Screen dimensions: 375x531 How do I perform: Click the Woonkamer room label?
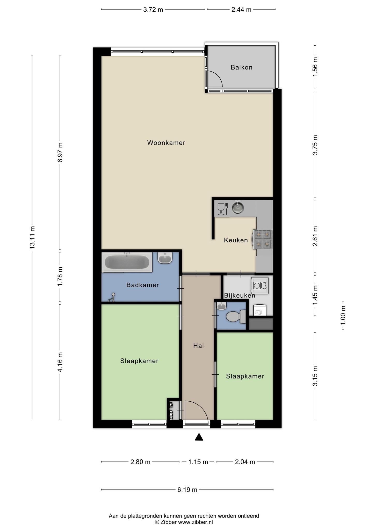(x=166, y=143)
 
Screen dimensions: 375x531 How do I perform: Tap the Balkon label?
(x=241, y=67)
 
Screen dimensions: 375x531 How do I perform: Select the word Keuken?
(x=236, y=240)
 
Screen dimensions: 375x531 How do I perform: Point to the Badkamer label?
(x=142, y=285)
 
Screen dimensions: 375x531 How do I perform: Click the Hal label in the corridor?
(x=198, y=346)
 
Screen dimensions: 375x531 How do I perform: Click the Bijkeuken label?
(x=240, y=295)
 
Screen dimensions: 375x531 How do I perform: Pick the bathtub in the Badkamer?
(x=127, y=262)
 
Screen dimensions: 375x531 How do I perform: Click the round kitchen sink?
(x=237, y=207)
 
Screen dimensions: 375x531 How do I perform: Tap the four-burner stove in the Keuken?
(x=263, y=239)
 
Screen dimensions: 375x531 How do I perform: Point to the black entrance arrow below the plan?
(x=199, y=437)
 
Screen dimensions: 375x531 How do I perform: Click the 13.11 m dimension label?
(x=32, y=237)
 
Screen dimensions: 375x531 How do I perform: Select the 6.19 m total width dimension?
(x=187, y=490)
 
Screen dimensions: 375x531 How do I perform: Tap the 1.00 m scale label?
(x=343, y=316)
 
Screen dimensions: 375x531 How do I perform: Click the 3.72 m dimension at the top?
(x=153, y=10)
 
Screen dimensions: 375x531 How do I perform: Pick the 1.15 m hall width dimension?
(x=198, y=462)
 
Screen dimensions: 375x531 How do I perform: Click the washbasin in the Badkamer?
(x=165, y=258)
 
